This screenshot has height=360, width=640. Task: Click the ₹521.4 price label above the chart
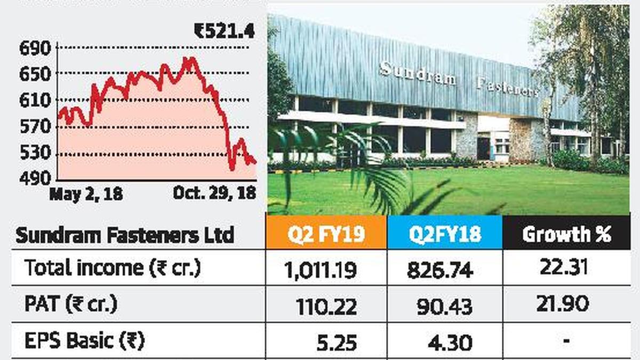(225, 32)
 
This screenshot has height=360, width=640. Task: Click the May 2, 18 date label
(86, 194)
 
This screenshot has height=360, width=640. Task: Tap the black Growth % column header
(566, 233)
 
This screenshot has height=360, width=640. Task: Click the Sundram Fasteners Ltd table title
(125, 235)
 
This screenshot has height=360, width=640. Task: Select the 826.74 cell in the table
(440, 270)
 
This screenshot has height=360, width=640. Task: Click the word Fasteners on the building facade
(507, 87)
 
